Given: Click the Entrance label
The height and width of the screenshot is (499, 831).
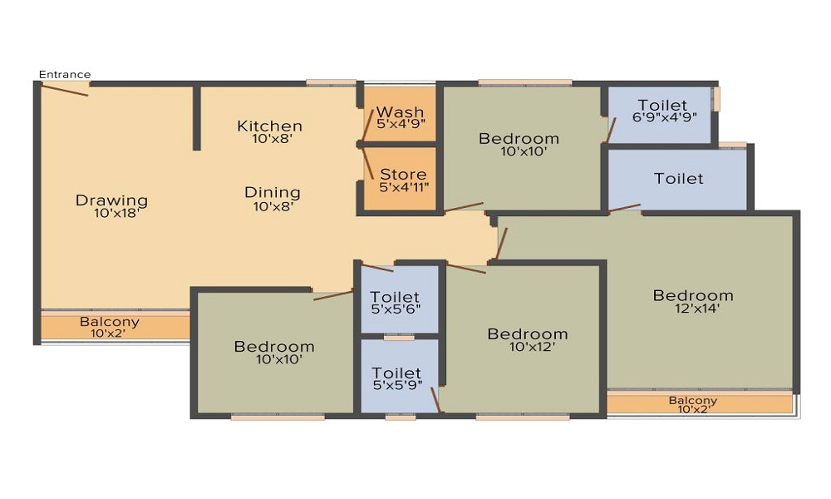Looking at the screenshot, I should [x=65, y=75].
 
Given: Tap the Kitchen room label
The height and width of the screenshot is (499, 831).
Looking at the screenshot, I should [x=269, y=126].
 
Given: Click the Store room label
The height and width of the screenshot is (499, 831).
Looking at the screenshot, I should [x=403, y=175].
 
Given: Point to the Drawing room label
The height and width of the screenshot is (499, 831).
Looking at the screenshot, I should [x=111, y=200].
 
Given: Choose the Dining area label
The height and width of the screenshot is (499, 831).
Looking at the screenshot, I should [x=272, y=192].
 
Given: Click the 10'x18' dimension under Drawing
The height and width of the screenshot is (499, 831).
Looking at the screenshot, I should [x=116, y=213].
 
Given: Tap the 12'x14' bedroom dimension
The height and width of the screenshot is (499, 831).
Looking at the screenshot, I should [x=692, y=309].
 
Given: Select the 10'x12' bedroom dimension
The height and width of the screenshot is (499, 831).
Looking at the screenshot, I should [x=527, y=347].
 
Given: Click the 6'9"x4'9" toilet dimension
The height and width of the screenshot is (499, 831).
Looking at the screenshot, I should [x=662, y=117].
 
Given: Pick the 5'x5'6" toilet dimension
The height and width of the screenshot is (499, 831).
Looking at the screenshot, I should [x=396, y=309].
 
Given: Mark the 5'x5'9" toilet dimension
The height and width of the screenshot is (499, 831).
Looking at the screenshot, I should [x=396, y=385].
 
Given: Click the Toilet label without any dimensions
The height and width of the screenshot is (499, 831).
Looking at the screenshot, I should [x=678, y=178].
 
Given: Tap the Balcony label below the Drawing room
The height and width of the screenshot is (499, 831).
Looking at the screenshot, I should [x=110, y=322].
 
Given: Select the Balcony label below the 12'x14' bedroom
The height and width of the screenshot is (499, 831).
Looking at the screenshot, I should [x=692, y=401].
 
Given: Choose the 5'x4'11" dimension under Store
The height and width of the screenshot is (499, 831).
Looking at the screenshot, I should [x=403, y=187].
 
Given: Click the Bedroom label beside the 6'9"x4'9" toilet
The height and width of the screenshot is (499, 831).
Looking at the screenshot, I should [x=519, y=138].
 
